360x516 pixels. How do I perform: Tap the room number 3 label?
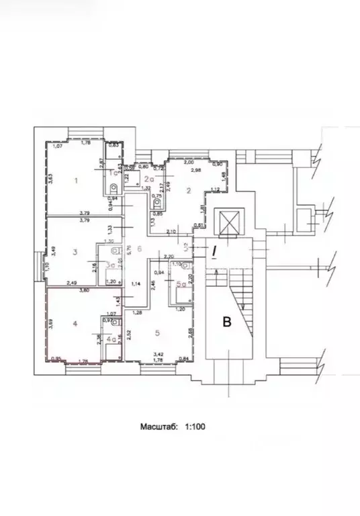click(x=76, y=252)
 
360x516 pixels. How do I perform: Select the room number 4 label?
click(x=75, y=324)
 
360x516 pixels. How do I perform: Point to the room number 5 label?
click(x=157, y=332)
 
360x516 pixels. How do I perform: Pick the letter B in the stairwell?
click(x=227, y=322)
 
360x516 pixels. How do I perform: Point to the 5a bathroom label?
click(x=179, y=284)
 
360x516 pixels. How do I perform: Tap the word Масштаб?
click(x=159, y=425)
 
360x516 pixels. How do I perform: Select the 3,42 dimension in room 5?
click(x=159, y=353)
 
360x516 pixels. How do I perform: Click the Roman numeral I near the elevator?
click(x=215, y=252)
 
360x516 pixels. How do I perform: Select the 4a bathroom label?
click(x=111, y=339)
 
